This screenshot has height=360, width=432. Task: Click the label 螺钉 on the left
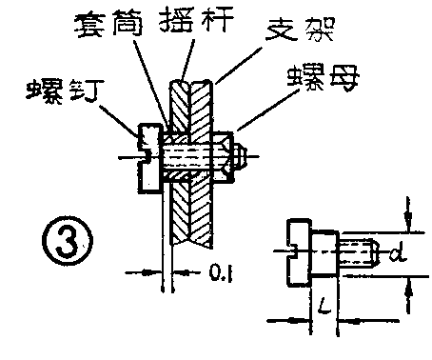[x=59, y=90]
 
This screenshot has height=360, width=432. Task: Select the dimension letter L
[x=326, y=310]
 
